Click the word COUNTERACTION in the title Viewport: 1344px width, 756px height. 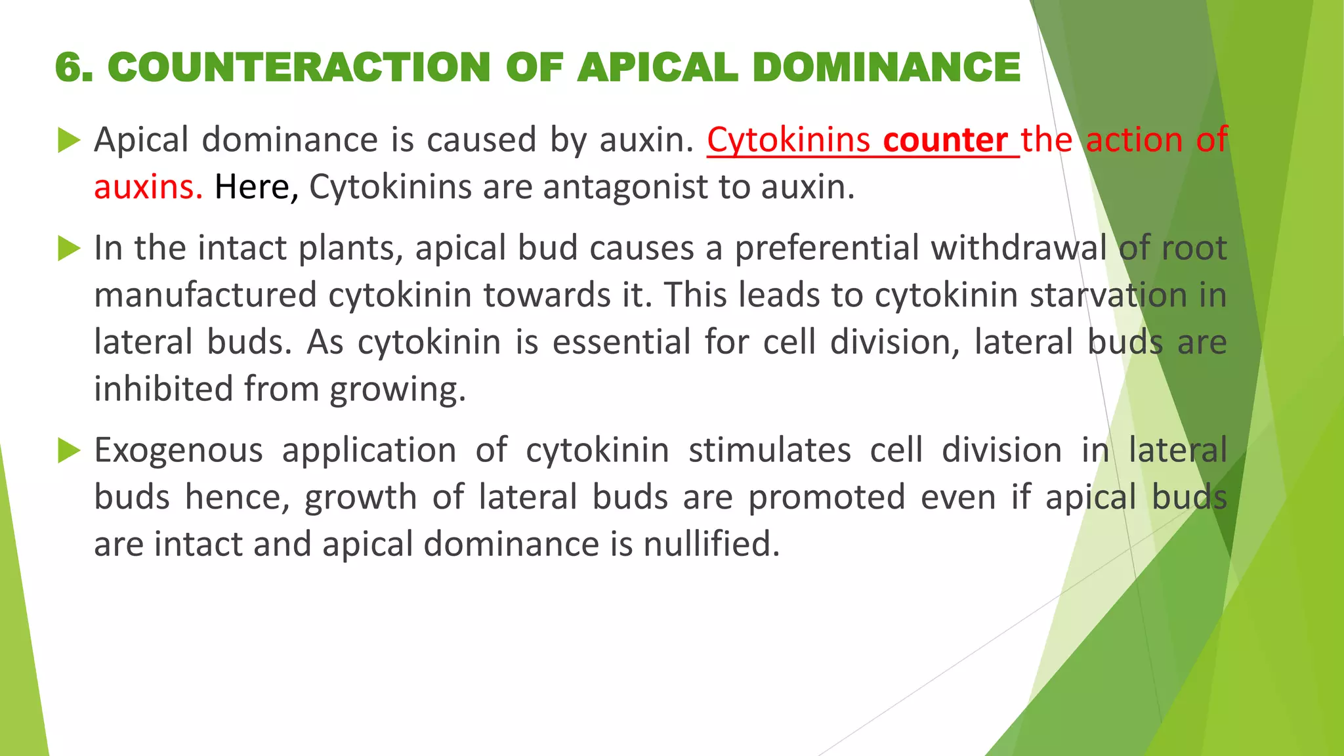(299, 68)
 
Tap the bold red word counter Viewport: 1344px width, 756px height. (945, 140)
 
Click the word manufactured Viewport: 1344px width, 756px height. (205, 295)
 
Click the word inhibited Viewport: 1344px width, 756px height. (163, 389)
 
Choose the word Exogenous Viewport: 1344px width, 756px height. (178, 451)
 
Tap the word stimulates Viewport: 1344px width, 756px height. (769, 451)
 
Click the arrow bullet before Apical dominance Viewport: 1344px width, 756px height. (69, 140)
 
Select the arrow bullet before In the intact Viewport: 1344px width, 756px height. (69, 249)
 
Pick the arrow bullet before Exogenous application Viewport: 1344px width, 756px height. (69, 451)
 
